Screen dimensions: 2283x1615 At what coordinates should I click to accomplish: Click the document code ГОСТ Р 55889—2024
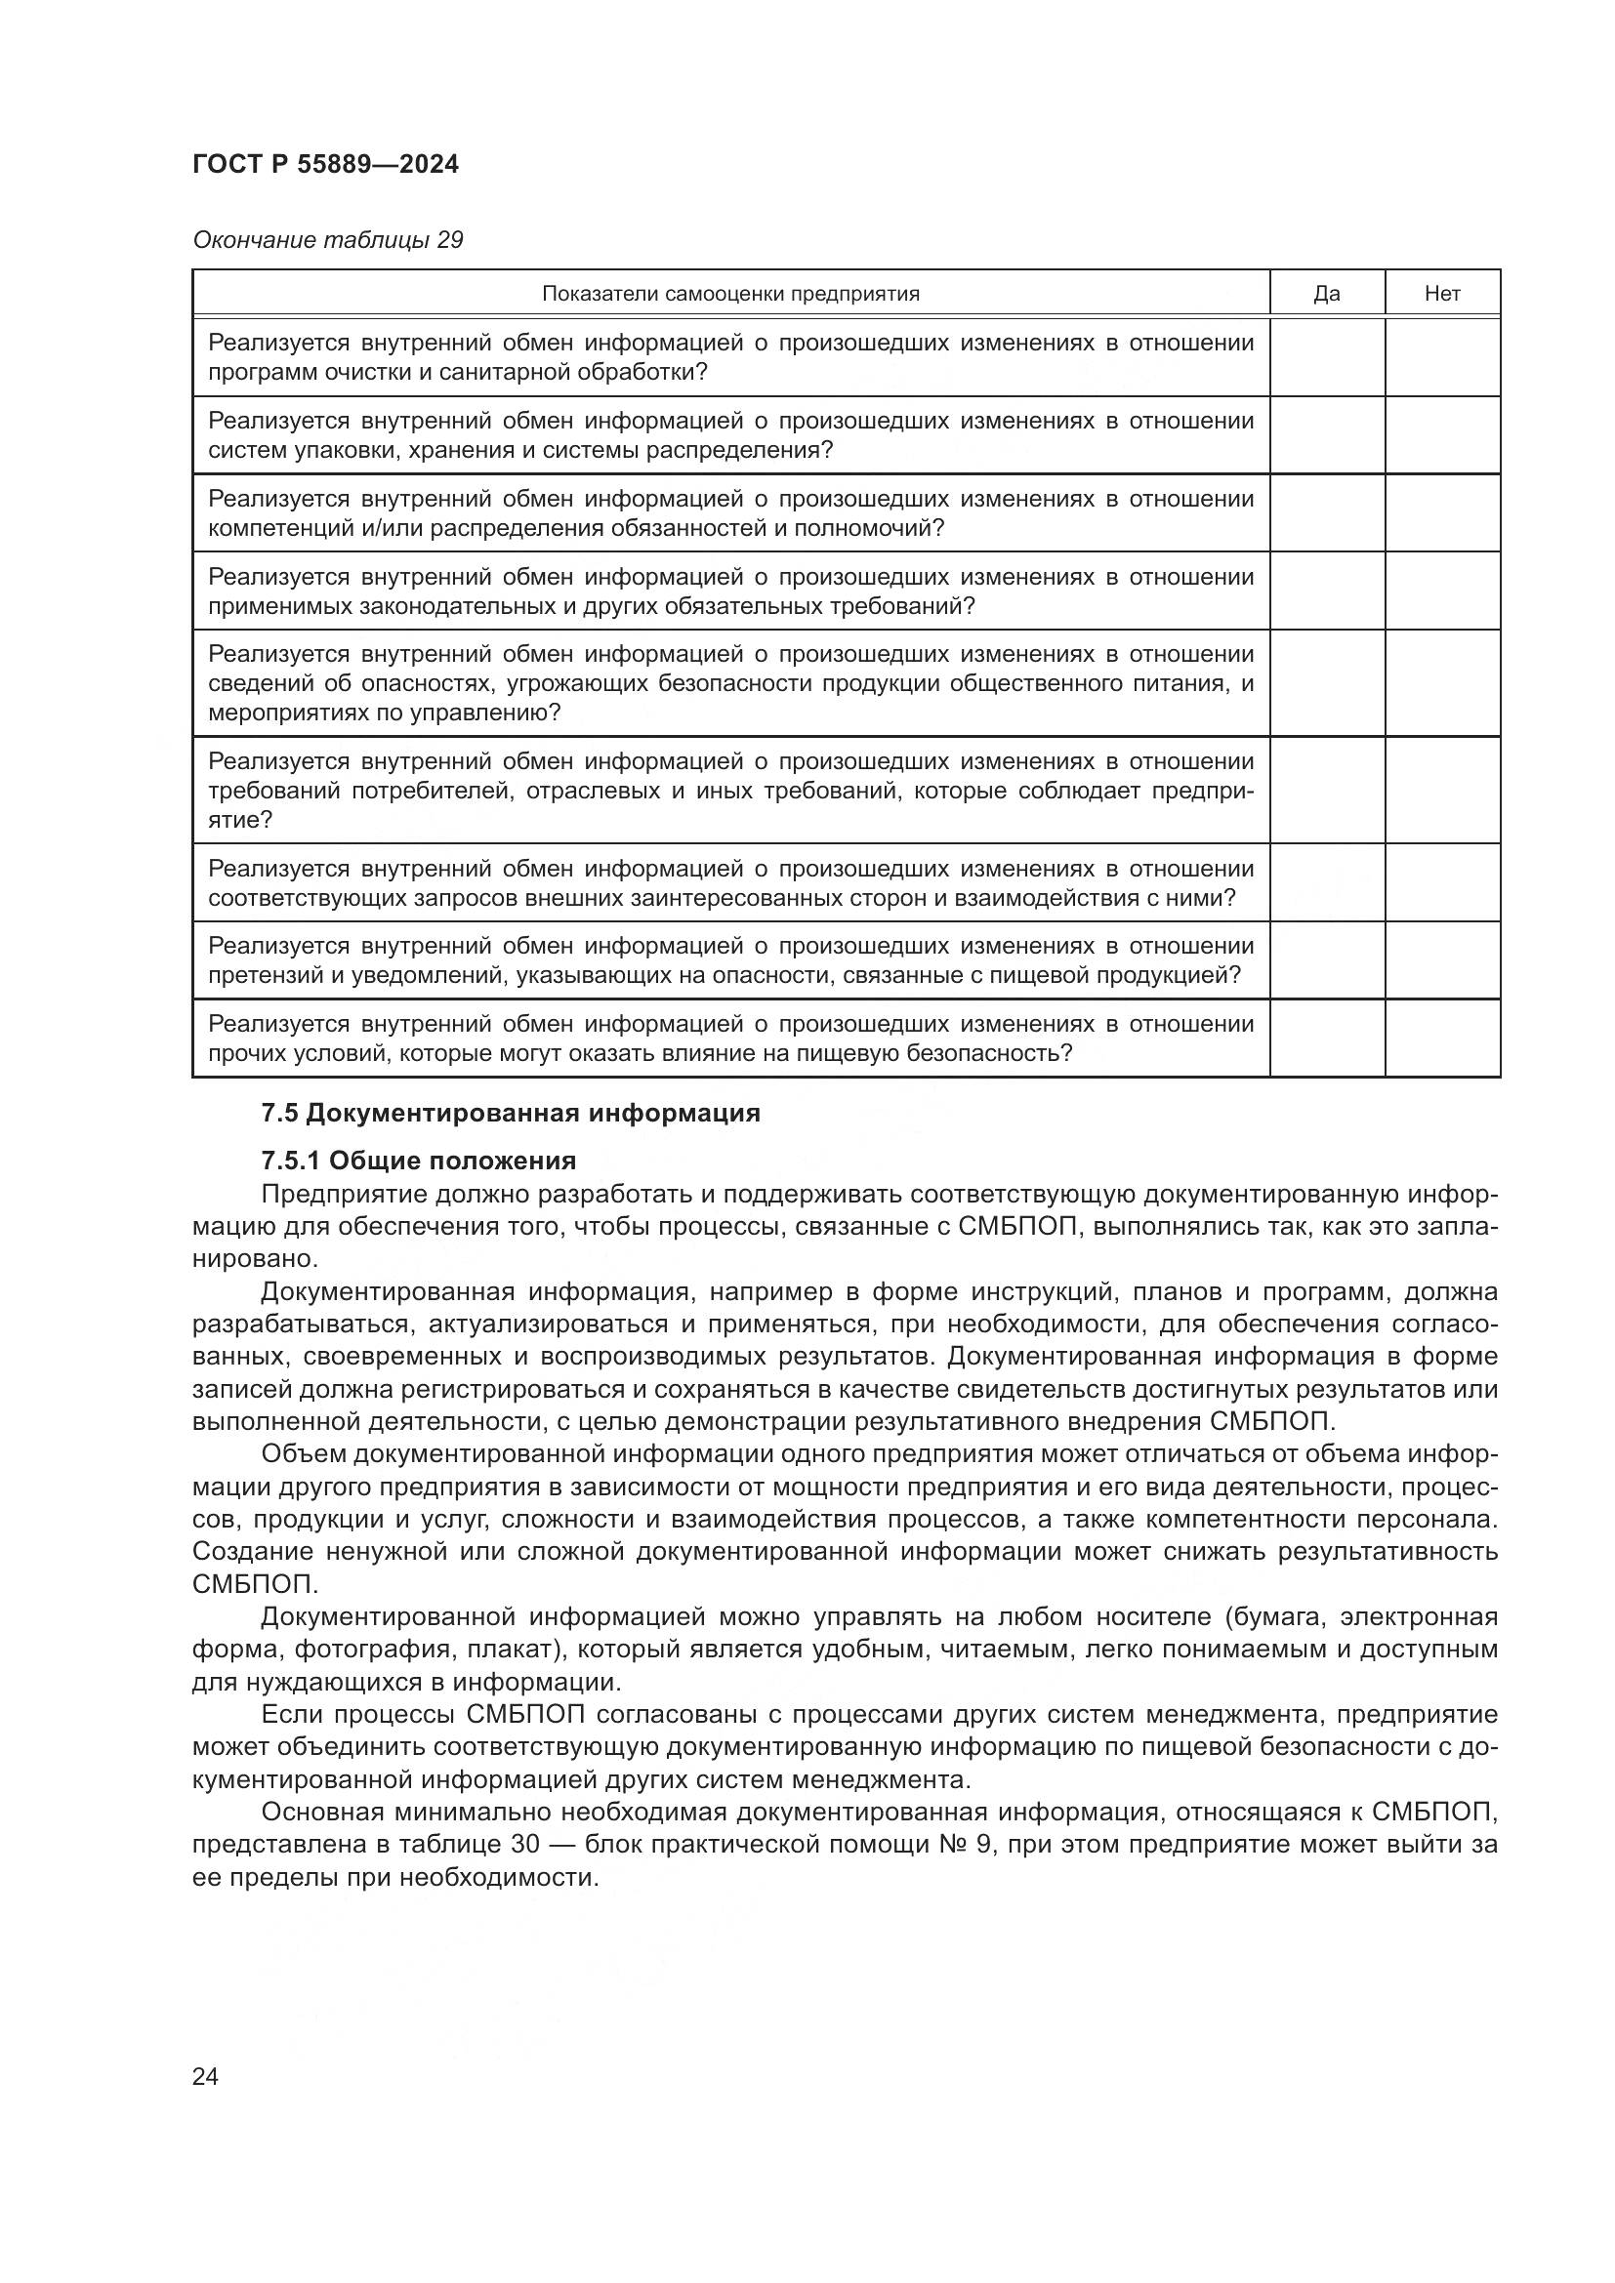(325, 165)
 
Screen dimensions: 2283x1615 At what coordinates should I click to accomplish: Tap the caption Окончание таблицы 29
(327, 241)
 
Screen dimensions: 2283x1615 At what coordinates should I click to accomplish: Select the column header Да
(1327, 294)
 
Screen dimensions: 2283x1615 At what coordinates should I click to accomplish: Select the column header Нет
(1442, 294)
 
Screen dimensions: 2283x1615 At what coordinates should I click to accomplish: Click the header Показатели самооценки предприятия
(730, 294)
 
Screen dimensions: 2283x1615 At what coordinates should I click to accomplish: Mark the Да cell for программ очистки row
(1327, 357)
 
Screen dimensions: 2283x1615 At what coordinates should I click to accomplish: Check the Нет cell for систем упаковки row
(1442, 435)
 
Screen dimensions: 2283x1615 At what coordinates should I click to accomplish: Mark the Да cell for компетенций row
(1327, 513)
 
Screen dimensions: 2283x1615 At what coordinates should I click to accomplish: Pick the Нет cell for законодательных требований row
(1442, 591)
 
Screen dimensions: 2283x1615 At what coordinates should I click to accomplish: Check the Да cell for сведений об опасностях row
(1327, 683)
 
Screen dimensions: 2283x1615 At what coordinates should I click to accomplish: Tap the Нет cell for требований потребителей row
(1442, 791)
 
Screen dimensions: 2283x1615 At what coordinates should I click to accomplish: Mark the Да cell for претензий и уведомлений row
(1327, 960)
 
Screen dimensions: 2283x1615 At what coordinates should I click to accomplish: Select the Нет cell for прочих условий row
(1442, 1039)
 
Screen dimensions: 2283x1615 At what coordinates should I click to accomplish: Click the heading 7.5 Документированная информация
(510, 1114)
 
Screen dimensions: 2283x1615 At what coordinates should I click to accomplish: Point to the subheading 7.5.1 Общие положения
(419, 1161)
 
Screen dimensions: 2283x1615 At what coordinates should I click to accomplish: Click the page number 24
(205, 2077)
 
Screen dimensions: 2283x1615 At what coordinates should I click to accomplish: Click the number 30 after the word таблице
(525, 1845)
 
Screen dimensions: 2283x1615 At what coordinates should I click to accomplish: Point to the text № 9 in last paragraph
(962, 1845)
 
